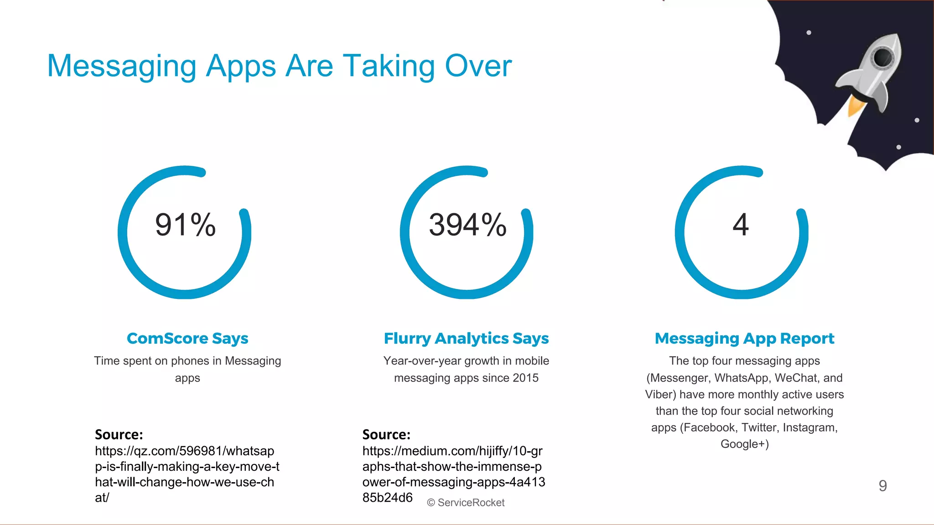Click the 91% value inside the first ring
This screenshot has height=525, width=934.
click(185, 225)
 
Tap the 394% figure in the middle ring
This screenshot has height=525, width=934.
click(467, 225)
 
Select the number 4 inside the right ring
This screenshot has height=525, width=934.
click(741, 225)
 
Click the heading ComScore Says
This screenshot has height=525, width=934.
click(187, 338)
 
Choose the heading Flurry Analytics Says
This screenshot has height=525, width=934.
click(466, 338)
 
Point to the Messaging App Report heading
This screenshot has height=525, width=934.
click(744, 338)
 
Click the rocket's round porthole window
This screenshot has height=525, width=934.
click(883, 57)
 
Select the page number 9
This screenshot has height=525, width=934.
click(883, 486)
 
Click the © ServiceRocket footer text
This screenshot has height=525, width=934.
click(466, 503)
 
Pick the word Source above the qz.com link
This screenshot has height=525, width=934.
click(119, 434)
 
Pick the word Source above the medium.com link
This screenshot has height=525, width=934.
click(386, 434)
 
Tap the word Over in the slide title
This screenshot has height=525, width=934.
click(478, 66)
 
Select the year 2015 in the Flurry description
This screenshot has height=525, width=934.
click(525, 378)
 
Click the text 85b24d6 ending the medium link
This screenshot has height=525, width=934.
click(388, 497)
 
